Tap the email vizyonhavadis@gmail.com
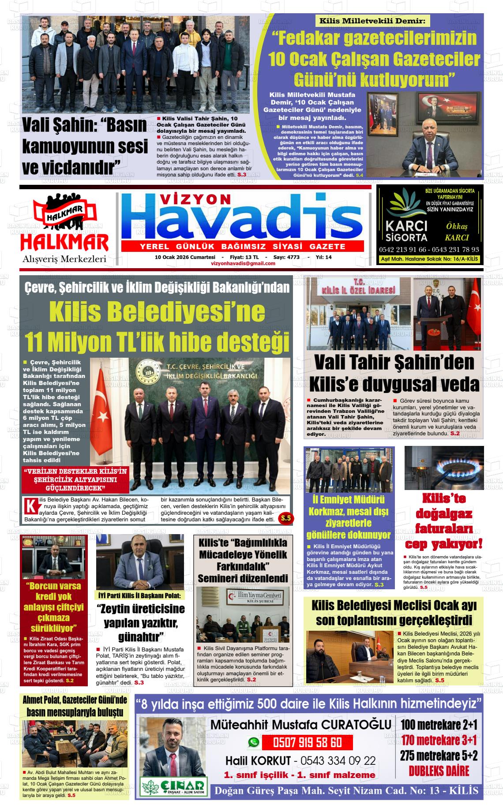coord(243,263)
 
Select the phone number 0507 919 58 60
coord(308,742)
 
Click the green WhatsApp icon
coord(253,742)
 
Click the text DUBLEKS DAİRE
coord(439,771)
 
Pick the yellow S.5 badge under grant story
coord(286,518)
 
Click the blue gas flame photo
coord(444,468)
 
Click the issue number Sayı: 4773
coord(287,257)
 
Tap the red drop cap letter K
coord(31,506)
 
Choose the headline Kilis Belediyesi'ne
coord(157,312)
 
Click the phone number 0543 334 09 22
coord(338,760)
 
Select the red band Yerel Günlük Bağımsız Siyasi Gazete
coord(242,246)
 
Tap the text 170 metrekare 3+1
coord(439,740)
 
